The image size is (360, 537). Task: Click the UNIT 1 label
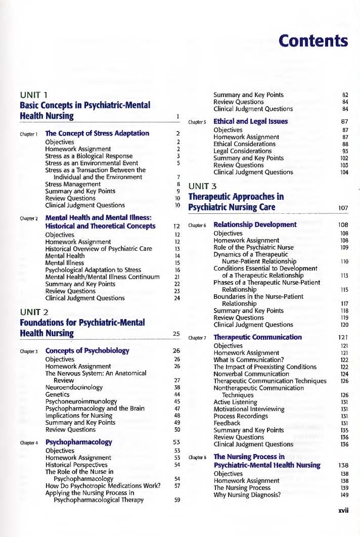(33, 95)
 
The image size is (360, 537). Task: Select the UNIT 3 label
(202, 186)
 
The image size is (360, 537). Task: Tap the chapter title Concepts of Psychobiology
(87, 336)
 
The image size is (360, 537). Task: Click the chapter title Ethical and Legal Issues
(251, 121)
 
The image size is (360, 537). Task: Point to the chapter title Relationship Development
(255, 225)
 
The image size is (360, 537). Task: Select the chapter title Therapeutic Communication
(257, 337)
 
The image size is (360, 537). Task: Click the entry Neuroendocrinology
(74, 387)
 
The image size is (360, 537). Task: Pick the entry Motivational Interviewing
(249, 409)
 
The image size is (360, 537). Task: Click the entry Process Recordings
(241, 416)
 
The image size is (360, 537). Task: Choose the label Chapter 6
(197, 225)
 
